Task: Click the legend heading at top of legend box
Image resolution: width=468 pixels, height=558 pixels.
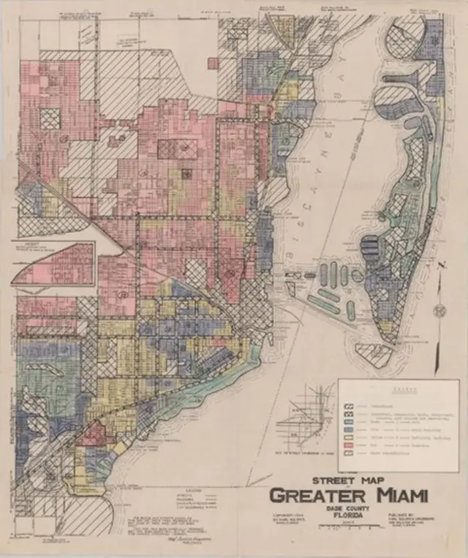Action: tap(399, 388)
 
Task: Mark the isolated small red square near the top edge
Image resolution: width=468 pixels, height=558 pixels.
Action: tap(213, 64)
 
